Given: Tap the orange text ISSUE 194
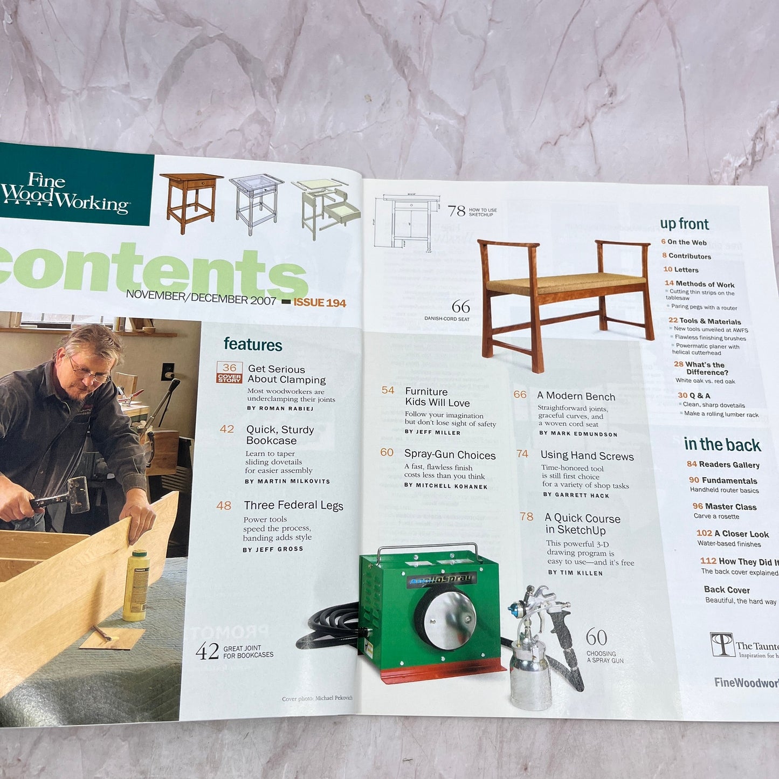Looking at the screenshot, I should coord(320,303).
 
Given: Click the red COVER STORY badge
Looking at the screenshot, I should coord(229,378).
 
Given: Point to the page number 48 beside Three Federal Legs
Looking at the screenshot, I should coord(224,506).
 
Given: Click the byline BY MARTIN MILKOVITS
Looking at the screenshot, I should coord(287,481).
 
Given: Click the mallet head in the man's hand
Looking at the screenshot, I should coord(78,493).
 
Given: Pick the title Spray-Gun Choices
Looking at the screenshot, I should coord(450,455).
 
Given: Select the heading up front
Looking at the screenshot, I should coord(684,224).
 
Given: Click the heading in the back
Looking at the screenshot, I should coord(722,445).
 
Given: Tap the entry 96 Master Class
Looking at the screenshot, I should coord(725,507).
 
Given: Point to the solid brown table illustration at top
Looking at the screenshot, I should coord(191,199).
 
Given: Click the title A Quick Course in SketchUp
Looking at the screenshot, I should coord(582,524).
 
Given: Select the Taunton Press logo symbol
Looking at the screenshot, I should coord(722,645).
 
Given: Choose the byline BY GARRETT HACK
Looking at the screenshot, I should coord(576,495).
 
